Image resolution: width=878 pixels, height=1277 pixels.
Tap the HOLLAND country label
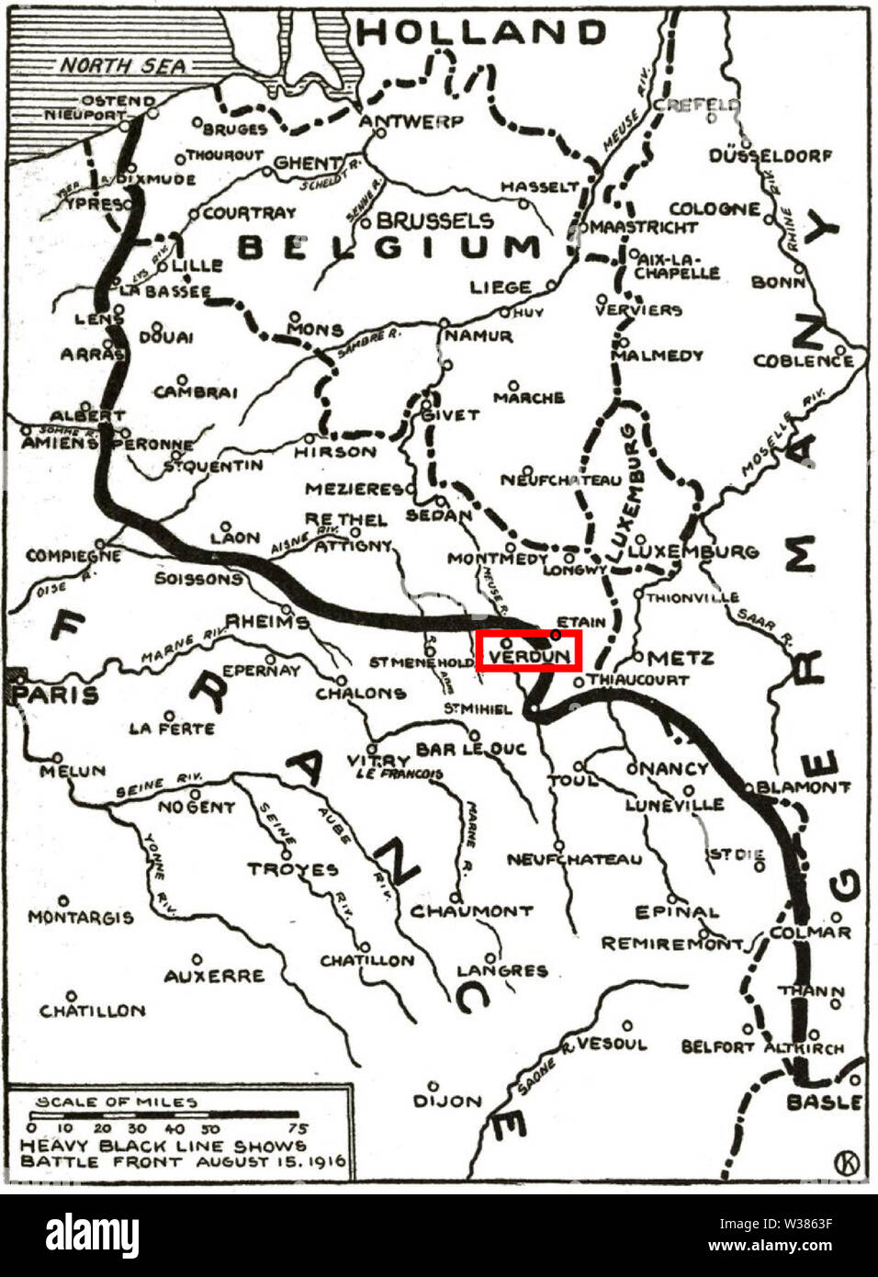coord(481,32)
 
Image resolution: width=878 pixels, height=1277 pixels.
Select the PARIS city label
coord(57,694)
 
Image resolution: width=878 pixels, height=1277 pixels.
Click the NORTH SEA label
coord(123,66)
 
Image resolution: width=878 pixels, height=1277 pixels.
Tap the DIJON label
coord(447,1100)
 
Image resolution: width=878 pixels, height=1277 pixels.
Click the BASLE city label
coord(823,1102)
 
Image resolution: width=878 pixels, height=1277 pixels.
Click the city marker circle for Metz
coord(638,657)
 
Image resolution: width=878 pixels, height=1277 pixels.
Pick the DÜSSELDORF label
coord(771,156)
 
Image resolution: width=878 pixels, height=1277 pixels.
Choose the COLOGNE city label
coord(715,209)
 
